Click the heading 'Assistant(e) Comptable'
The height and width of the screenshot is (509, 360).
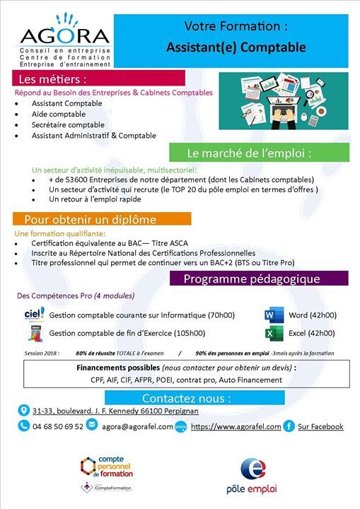(236, 48)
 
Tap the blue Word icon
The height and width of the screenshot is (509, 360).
(272, 315)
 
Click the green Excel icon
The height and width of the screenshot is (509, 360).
(272, 333)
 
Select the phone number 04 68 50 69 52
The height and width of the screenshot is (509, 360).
(58, 426)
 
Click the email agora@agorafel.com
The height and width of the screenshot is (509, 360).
(137, 426)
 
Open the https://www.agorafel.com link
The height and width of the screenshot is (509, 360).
(236, 426)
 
